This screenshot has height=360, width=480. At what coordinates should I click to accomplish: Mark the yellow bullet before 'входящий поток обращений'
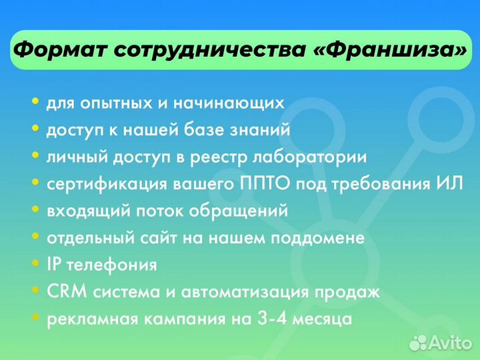35,210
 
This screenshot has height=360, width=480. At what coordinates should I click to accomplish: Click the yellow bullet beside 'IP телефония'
35,264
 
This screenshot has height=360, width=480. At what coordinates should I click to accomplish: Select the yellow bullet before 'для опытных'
35,103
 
